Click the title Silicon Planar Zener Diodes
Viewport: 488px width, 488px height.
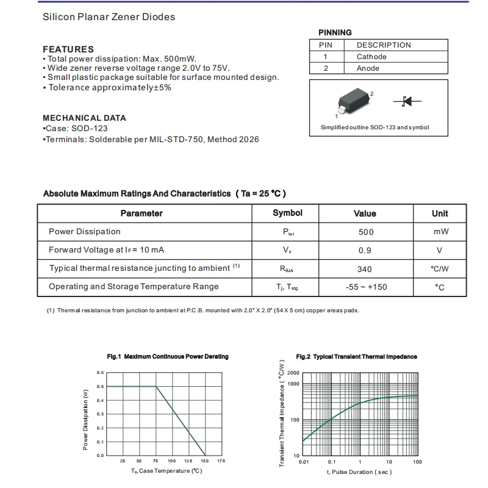pyautogui.click(x=109, y=17)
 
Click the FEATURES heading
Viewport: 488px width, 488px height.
pyautogui.click(x=68, y=49)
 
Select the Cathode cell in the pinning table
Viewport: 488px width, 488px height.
pyautogui.click(x=371, y=57)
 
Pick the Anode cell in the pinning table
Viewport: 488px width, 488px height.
pyautogui.click(x=368, y=68)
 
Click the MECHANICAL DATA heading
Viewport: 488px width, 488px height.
pyautogui.click(x=84, y=118)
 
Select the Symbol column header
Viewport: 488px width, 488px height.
pyautogui.click(x=287, y=213)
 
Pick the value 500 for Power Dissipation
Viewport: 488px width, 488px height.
pyautogui.click(x=366, y=232)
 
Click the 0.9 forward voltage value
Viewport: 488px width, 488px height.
pyautogui.click(x=365, y=250)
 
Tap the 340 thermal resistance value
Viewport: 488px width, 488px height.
pyautogui.click(x=364, y=269)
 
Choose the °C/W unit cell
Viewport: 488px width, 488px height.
pyautogui.click(x=439, y=269)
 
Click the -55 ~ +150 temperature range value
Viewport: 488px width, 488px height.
pyautogui.click(x=366, y=287)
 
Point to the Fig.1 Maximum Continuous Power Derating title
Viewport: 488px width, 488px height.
pyautogui.click(x=168, y=356)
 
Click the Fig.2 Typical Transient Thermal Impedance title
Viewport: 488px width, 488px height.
pyautogui.click(x=356, y=356)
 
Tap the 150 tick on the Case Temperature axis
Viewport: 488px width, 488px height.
pyautogui.click(x=205, y=461)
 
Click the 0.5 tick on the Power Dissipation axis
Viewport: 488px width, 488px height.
pyautogui.click(x=100, y=387)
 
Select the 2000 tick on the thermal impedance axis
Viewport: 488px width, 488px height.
pyautogui.click(x=293, y=373)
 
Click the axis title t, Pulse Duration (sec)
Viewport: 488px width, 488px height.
pyautogui.click(x=359, y=472)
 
